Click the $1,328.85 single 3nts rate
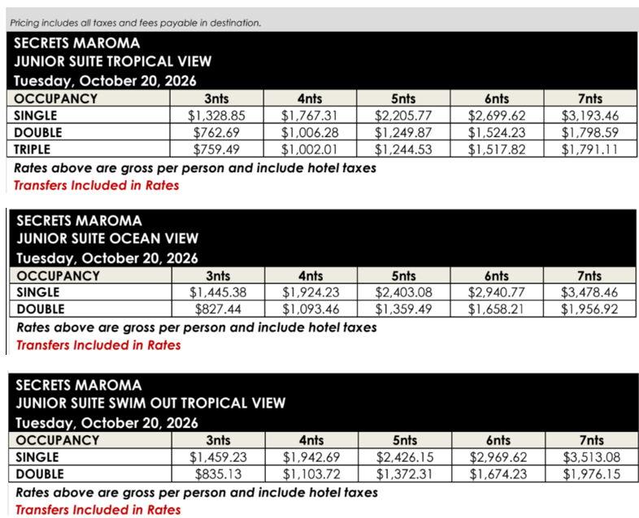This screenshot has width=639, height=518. click(x=218, y=115)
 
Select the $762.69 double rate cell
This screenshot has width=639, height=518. click(x=218, y=132)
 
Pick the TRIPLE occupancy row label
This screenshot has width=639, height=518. click(x=33, y=149)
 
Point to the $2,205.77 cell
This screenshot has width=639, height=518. click(x=404, y=115)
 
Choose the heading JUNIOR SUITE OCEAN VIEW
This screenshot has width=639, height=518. click(x=106, y=238)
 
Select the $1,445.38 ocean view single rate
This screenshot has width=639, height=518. click(x=218, y=291)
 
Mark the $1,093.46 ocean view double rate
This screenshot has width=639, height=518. click(x=311, y=309)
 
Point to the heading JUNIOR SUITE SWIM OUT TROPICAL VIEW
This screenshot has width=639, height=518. click(x=150, y=403)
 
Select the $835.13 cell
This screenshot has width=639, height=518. click(x=218, y=473)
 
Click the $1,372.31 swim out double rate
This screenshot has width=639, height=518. click(x=404, y=473)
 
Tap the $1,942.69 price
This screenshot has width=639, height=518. click(x=311, y=456)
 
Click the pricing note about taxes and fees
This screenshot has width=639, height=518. click(x=136, y=23)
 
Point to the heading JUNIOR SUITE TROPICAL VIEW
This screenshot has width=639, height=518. click(x=113, y=62)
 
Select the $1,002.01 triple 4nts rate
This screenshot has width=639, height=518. click(x=311, y=149)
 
